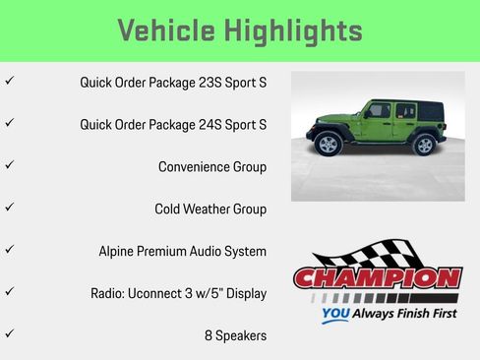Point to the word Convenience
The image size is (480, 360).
click(x=193, y=166)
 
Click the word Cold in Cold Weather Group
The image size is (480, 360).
click(x=169, y=209)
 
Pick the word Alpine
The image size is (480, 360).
click(x=118, y=251)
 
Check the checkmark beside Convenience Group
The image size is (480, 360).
click(x=10, y=165)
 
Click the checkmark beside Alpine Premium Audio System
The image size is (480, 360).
click(x=10, y=250)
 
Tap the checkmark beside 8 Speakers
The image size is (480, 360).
click(x=10, y=334)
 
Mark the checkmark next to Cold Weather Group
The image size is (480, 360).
click(x=10, y=208)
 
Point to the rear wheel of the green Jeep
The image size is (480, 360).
click(x=423, y=145)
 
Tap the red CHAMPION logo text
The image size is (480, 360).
click(x=377, y=278)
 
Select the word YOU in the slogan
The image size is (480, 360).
click(x=334, y=316)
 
